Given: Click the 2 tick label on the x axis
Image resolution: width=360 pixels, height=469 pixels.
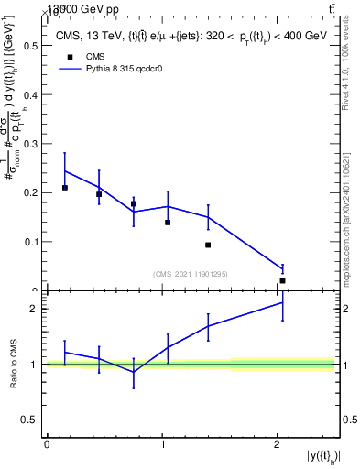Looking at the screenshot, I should click(x=277, y=444).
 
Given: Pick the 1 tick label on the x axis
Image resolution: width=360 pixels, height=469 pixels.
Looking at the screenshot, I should click(x=162, y=444).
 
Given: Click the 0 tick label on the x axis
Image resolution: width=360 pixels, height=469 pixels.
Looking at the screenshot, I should click(x=47, y=444).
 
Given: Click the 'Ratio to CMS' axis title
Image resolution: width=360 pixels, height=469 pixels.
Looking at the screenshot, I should click(x=14, y=364).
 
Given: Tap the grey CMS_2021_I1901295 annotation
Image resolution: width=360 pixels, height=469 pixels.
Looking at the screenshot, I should click(x=192, y=274).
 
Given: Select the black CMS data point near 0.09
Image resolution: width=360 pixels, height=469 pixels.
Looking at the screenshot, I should click(x=208, y=245).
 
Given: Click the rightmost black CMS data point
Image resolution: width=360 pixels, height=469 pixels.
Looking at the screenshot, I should click(x=282, y=280).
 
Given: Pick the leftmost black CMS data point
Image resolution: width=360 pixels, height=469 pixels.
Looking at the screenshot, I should click(x=65, y=188).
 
